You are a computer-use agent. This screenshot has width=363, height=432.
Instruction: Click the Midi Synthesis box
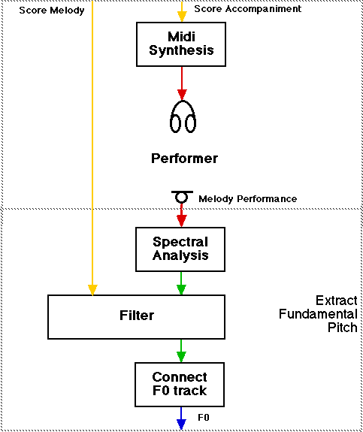click(181, 44)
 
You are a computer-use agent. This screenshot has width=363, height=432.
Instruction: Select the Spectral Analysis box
click(180, 249)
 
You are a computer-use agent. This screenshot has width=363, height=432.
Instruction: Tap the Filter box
click(137, 317)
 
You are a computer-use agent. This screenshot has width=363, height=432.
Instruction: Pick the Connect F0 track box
click(180, 385)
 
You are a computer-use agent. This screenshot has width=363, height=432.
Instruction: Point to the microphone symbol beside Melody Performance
click(182, 197)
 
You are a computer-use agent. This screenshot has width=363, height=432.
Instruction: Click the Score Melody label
click(52, 11)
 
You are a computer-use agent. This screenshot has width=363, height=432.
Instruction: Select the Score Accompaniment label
click(247, 9)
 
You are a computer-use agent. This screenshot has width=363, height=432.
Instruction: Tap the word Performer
click(184, 159)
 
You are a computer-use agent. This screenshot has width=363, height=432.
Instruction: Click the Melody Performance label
click(247, 198)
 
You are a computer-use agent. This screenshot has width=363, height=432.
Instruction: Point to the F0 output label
click(204, 418)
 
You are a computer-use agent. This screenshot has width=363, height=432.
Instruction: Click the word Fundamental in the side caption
click(318, 314)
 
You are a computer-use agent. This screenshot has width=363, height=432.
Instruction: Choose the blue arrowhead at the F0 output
click(181, 424)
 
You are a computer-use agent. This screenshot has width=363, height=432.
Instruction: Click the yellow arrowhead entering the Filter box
click(92, 290)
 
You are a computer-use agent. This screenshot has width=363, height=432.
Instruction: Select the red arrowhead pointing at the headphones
click(182, 95)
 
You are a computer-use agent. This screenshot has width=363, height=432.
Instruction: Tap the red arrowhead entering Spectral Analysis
click(181, 221)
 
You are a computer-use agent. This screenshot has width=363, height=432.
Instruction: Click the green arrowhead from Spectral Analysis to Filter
click(181, 290)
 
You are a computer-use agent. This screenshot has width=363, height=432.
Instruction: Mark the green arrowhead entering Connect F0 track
click(181, 358)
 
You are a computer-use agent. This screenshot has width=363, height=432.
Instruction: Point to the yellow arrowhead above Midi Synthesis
click(182, 17)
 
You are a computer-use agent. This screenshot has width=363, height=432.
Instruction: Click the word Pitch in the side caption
click(342, 328)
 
